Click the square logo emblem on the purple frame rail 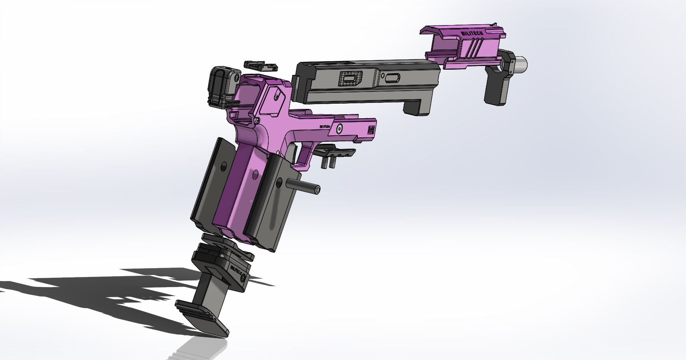tap(371, 130)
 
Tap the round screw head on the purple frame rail tap(339, 128)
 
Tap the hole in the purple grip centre tap(255, 175)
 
